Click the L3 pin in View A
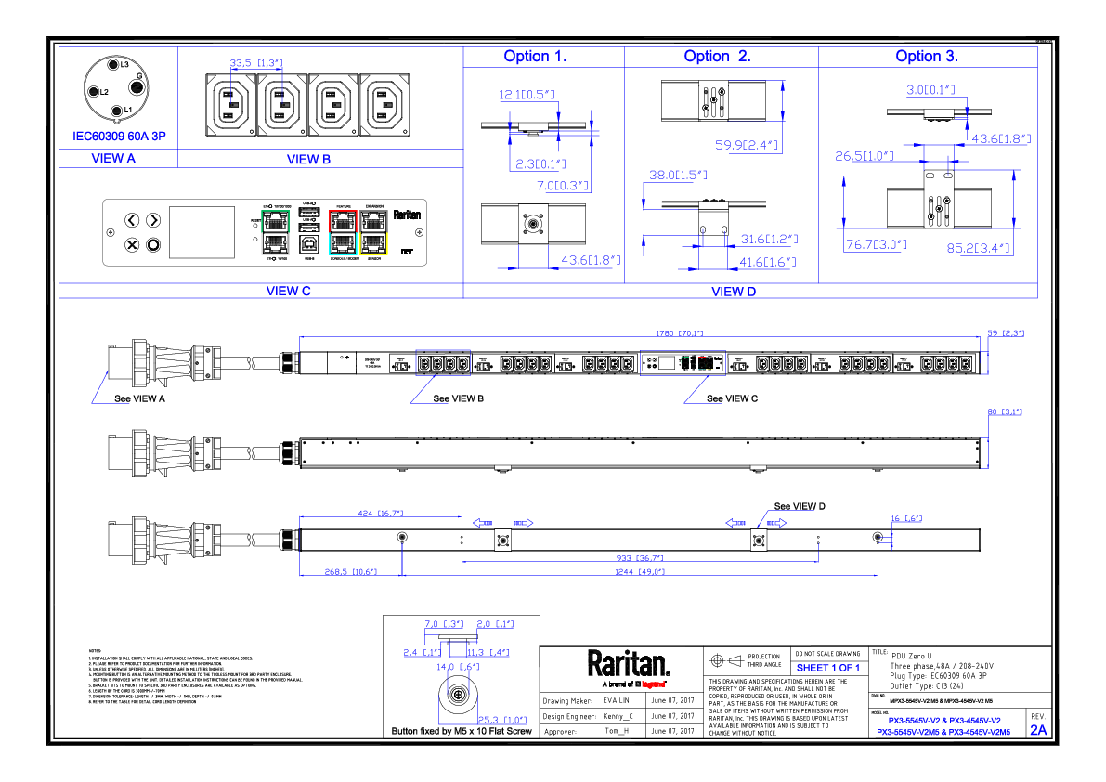(x=104, y=64)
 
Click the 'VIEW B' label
(x=308, y=160)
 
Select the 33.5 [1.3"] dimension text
(x=253, y=63)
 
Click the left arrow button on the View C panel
(x=132, y=220)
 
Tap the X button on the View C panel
(x=132, y=244)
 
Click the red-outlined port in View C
(x=343, y=221)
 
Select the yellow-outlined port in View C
(x=374, y=243)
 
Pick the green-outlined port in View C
(x=276, y=222)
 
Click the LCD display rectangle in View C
(x=202, y=231)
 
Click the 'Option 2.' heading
(x=717, y=57)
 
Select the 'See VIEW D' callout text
(x=800, y=506)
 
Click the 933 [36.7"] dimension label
(x=640, y=558)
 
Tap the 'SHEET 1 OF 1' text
(x=828, y=668)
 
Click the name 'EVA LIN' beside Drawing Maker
(x=616, y=701)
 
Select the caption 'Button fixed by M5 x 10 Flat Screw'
(x=462, y=732)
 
